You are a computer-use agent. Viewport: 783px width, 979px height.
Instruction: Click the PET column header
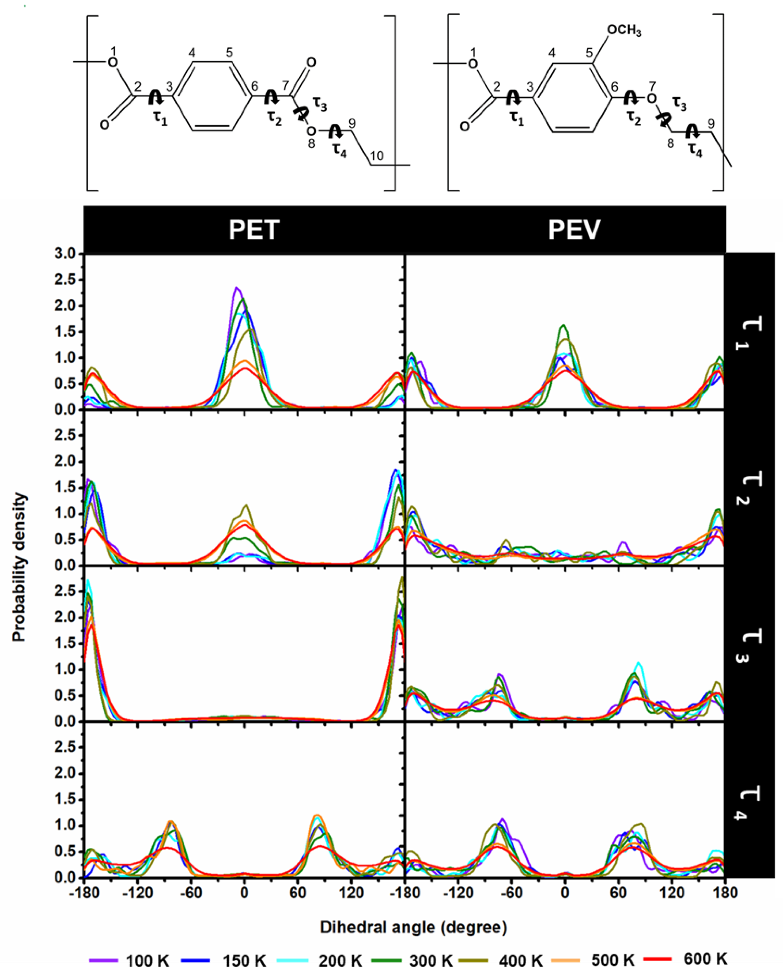(254, 230)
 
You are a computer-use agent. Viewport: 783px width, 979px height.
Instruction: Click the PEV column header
(574, 230)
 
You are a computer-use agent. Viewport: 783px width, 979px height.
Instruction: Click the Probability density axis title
(19, 568)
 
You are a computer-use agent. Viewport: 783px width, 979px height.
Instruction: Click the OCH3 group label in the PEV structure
(624, 31)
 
